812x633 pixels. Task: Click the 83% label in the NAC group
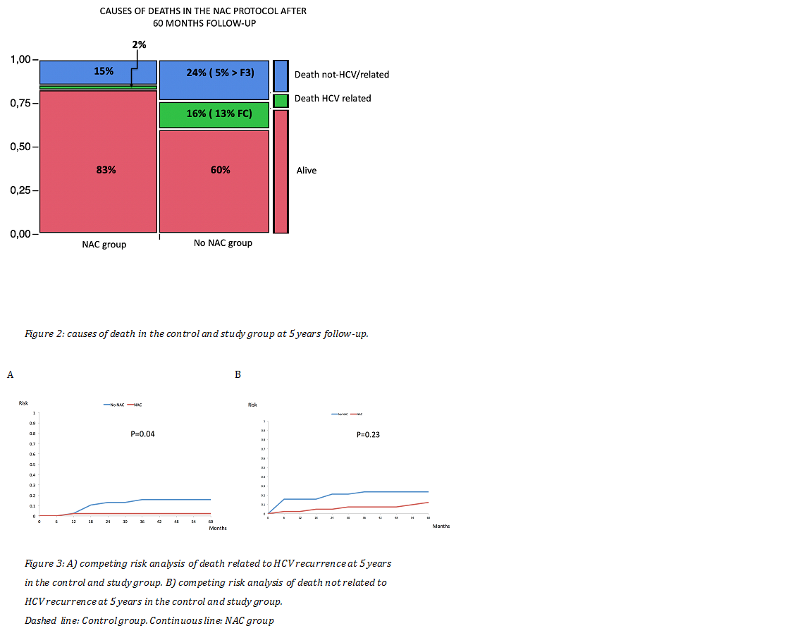(106, 170)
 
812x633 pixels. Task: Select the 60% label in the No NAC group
(220, 170)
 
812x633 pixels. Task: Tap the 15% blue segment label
(104, 71)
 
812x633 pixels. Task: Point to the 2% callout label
(139, 45)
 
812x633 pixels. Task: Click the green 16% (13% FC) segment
(214, 114)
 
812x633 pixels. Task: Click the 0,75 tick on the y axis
(20, 104)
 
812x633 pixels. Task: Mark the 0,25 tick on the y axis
(20, 191)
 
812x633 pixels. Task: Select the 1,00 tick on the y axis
(20, 60)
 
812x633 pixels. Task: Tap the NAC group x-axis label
(104, 245)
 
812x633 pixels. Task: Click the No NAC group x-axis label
(223, 243)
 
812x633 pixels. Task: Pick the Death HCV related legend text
(333, 99)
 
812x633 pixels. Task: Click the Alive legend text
(307, 171)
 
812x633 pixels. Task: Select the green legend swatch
(281, 101)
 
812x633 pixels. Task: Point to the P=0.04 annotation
(143, 434)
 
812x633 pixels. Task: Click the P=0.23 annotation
(368, 435)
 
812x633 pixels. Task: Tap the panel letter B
(238, 374)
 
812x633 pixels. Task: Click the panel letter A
(10, 375)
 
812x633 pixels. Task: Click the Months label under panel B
(441, 527)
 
